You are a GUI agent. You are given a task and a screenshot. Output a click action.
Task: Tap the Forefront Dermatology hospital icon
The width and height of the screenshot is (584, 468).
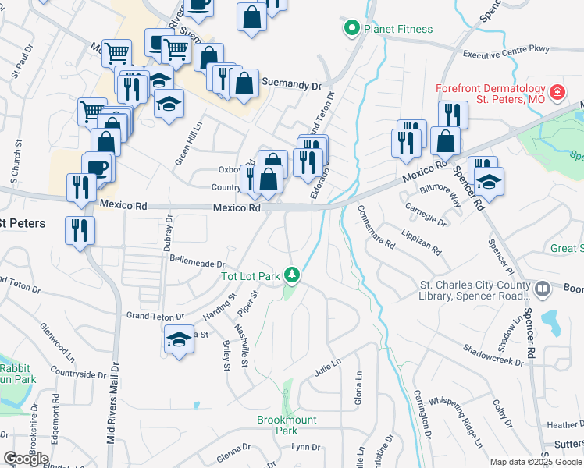click(x=557, y=93)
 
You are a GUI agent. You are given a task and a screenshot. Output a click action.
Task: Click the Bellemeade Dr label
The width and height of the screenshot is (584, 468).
click(x=197, y=264)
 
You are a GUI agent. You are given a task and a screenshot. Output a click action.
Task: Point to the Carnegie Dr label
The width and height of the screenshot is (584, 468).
click(x=426, y=214)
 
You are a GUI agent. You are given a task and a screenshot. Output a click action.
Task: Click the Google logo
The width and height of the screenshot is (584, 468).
click(x=26, y=459)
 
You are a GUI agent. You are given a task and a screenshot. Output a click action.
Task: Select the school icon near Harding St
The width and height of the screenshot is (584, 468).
click(x=179, y=340)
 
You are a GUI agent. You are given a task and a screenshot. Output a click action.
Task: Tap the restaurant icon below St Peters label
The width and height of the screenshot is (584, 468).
click(x=80, y=230)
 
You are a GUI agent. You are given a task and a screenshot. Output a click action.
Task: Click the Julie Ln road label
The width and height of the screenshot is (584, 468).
click(x=328, y=364)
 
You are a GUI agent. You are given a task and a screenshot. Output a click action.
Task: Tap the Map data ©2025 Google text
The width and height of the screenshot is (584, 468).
click(x=536, y=462)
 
